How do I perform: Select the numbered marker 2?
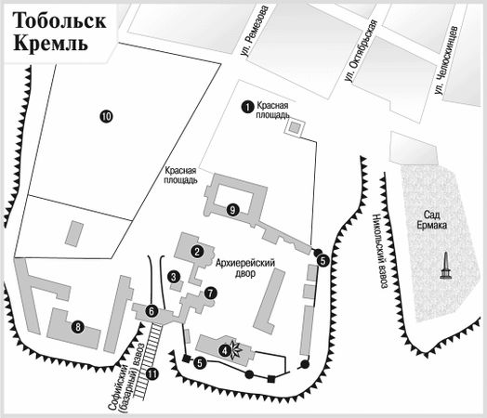click(197, 251)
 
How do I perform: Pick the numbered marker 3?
click(174, 276)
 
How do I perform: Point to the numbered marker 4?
click(224, 350)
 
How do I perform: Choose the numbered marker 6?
click(151, 311)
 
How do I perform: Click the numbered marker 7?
click(211, 293)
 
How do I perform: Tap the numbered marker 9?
click(231, 208)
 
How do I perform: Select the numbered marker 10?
click(106, 116)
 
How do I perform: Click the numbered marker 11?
click(152, 373)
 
